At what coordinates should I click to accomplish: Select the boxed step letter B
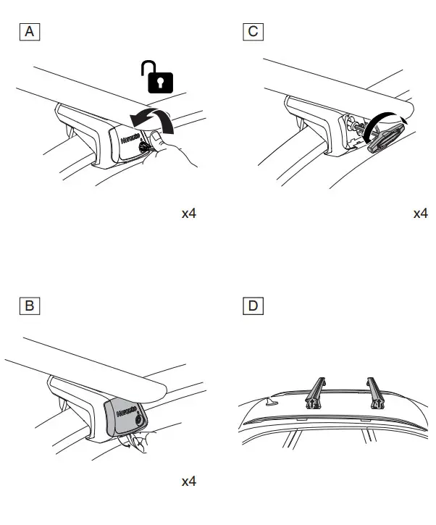30,306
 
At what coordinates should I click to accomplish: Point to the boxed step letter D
253,306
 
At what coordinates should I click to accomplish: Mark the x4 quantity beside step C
420,214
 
